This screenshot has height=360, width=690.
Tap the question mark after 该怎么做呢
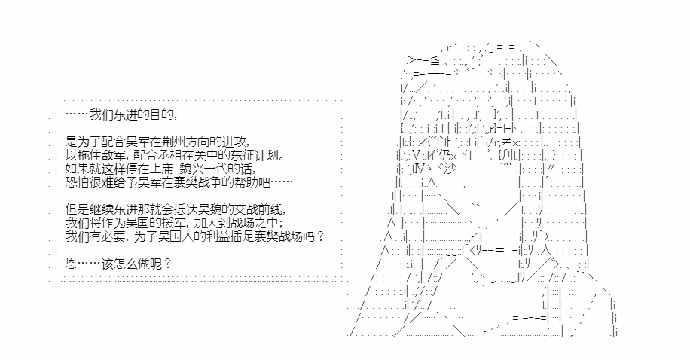[166, 264]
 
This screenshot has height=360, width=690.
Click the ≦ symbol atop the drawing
[435, 60]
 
